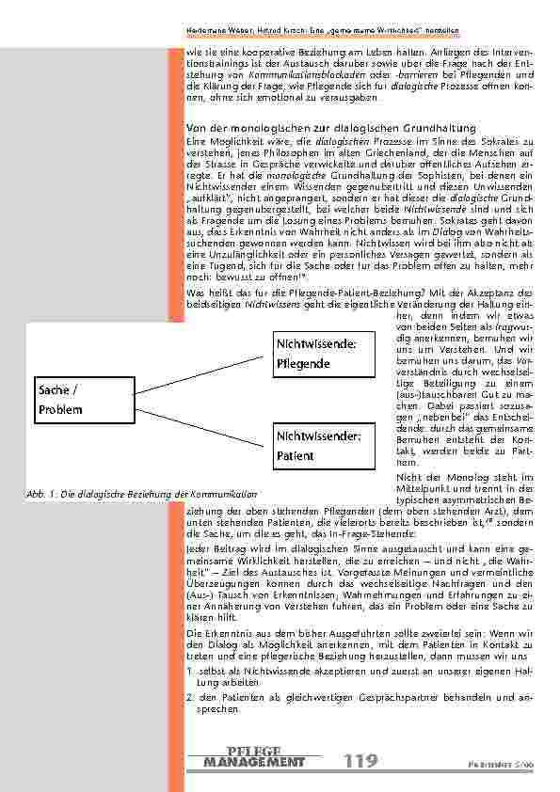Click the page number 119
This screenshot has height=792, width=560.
click(x=360, y=761)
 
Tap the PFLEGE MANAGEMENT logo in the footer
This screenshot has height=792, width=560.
click(x=254, y=757)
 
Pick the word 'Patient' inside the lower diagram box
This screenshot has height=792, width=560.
click(x=296, y=456)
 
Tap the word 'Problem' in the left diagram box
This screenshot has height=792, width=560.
click(x=61, y=410)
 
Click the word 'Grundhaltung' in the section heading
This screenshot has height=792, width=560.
click(x=439, y=128)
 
